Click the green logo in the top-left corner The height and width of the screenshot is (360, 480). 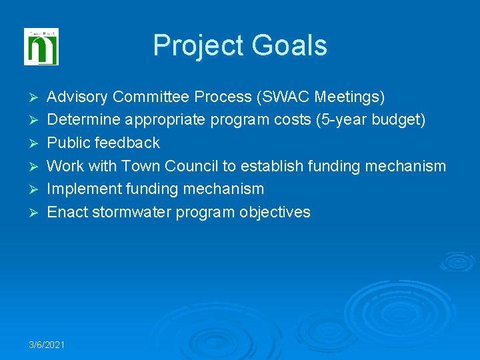click(x=41, y=47)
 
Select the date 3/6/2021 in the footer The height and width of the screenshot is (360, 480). click(x=47, y=344)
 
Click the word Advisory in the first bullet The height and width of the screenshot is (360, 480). click(x=77, y=97)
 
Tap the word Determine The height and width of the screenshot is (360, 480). click(x=81, y=120)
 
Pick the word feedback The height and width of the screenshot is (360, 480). click(x=129, y=143)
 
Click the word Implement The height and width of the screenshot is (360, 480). click(x=80, y=189)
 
